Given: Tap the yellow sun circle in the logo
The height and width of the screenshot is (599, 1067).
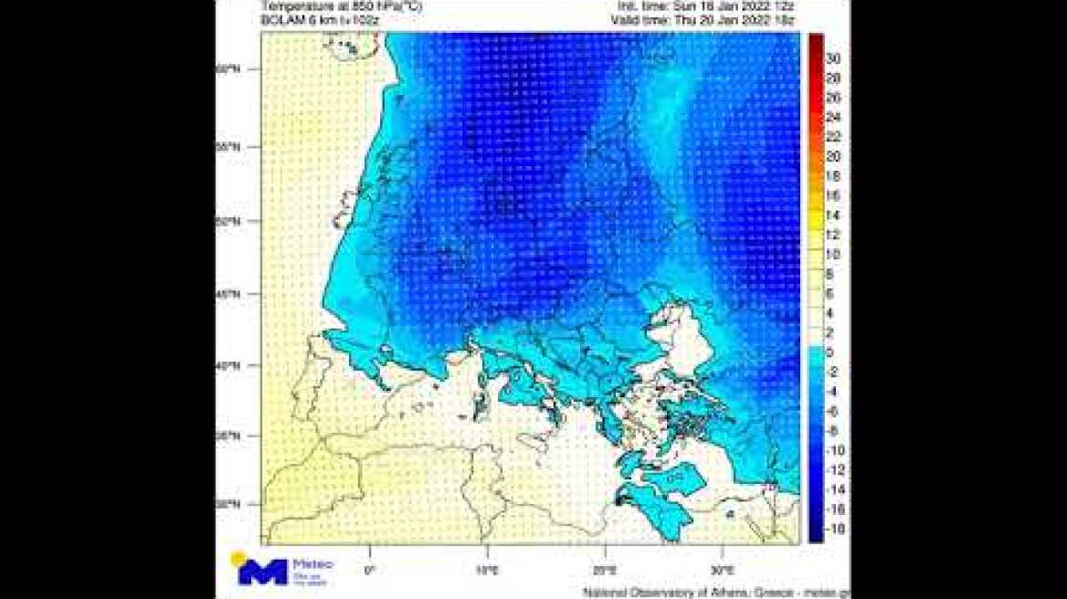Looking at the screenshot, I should point(238,558).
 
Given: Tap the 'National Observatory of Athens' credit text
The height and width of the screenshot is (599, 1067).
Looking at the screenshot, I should point(694,593).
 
